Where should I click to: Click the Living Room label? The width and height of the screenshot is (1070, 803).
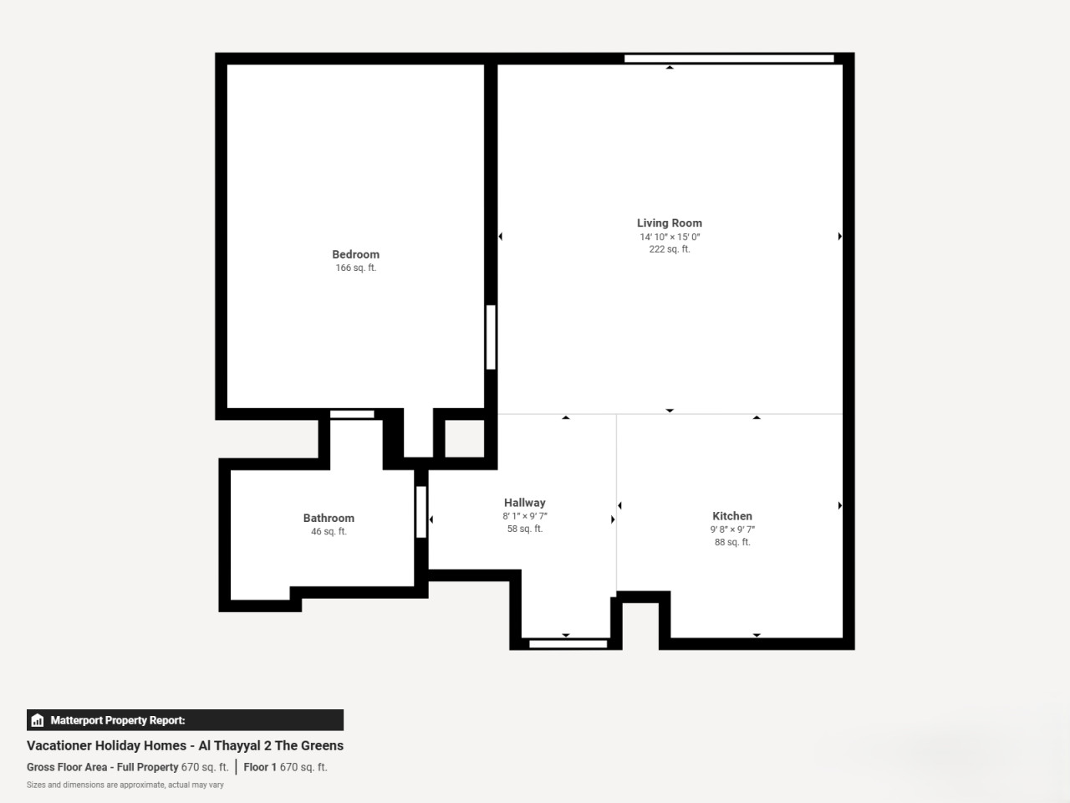coord(670,223)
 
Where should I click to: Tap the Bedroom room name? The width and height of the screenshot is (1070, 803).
coord(356,254)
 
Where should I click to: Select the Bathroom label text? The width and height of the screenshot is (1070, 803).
coord(329,519)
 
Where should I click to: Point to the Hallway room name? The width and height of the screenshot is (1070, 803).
coord(524,503)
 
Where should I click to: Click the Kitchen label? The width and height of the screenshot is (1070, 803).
coord(732,516)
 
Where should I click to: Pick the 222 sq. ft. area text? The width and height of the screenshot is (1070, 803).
coord(670,249)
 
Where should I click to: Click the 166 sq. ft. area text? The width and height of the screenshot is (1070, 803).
coord(356,268)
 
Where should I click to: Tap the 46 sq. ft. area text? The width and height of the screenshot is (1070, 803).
coord(329,531)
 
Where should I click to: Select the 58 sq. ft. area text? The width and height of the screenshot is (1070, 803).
coord(524,529)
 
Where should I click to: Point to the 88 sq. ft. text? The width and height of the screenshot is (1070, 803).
coord(732,542)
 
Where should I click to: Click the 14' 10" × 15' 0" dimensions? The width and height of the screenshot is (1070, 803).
coord(670,237)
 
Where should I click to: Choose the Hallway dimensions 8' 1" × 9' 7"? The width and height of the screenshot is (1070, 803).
coord(524,516)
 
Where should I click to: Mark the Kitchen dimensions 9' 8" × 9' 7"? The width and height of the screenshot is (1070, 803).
coord(732,529)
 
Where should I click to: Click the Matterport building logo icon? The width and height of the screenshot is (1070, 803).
coord(38,720)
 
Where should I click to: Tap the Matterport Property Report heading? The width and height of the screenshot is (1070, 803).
coord(118,720)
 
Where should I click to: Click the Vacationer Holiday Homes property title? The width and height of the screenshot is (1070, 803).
coord(186,745)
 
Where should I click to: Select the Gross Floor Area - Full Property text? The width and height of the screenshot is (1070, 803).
coord(102,767)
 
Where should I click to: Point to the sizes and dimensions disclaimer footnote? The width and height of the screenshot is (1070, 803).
coord(125,785)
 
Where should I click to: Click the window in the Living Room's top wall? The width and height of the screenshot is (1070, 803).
coord(729,59)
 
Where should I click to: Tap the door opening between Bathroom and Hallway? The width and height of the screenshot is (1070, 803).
coord(421,512)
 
